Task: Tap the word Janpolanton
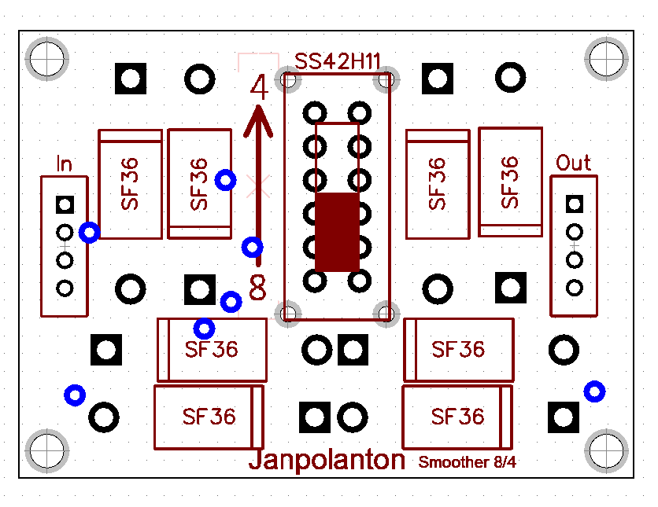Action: click(x=327, y=460)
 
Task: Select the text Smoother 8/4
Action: click(x=468, y=462)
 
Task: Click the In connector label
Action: click(x=65, y=164)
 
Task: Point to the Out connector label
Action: click(x=573, y=163)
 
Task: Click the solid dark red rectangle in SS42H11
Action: click(x=338, y=232)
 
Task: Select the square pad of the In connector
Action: click(x=65, y=205)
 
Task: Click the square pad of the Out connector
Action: click(x=575, y=204)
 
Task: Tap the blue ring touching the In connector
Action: click(x=90, y=233)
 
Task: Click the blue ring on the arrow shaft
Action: click(x=253, y=248)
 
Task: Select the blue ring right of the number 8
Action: click(x=231, y=301)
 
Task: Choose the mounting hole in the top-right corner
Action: click(x=608, y=57)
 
